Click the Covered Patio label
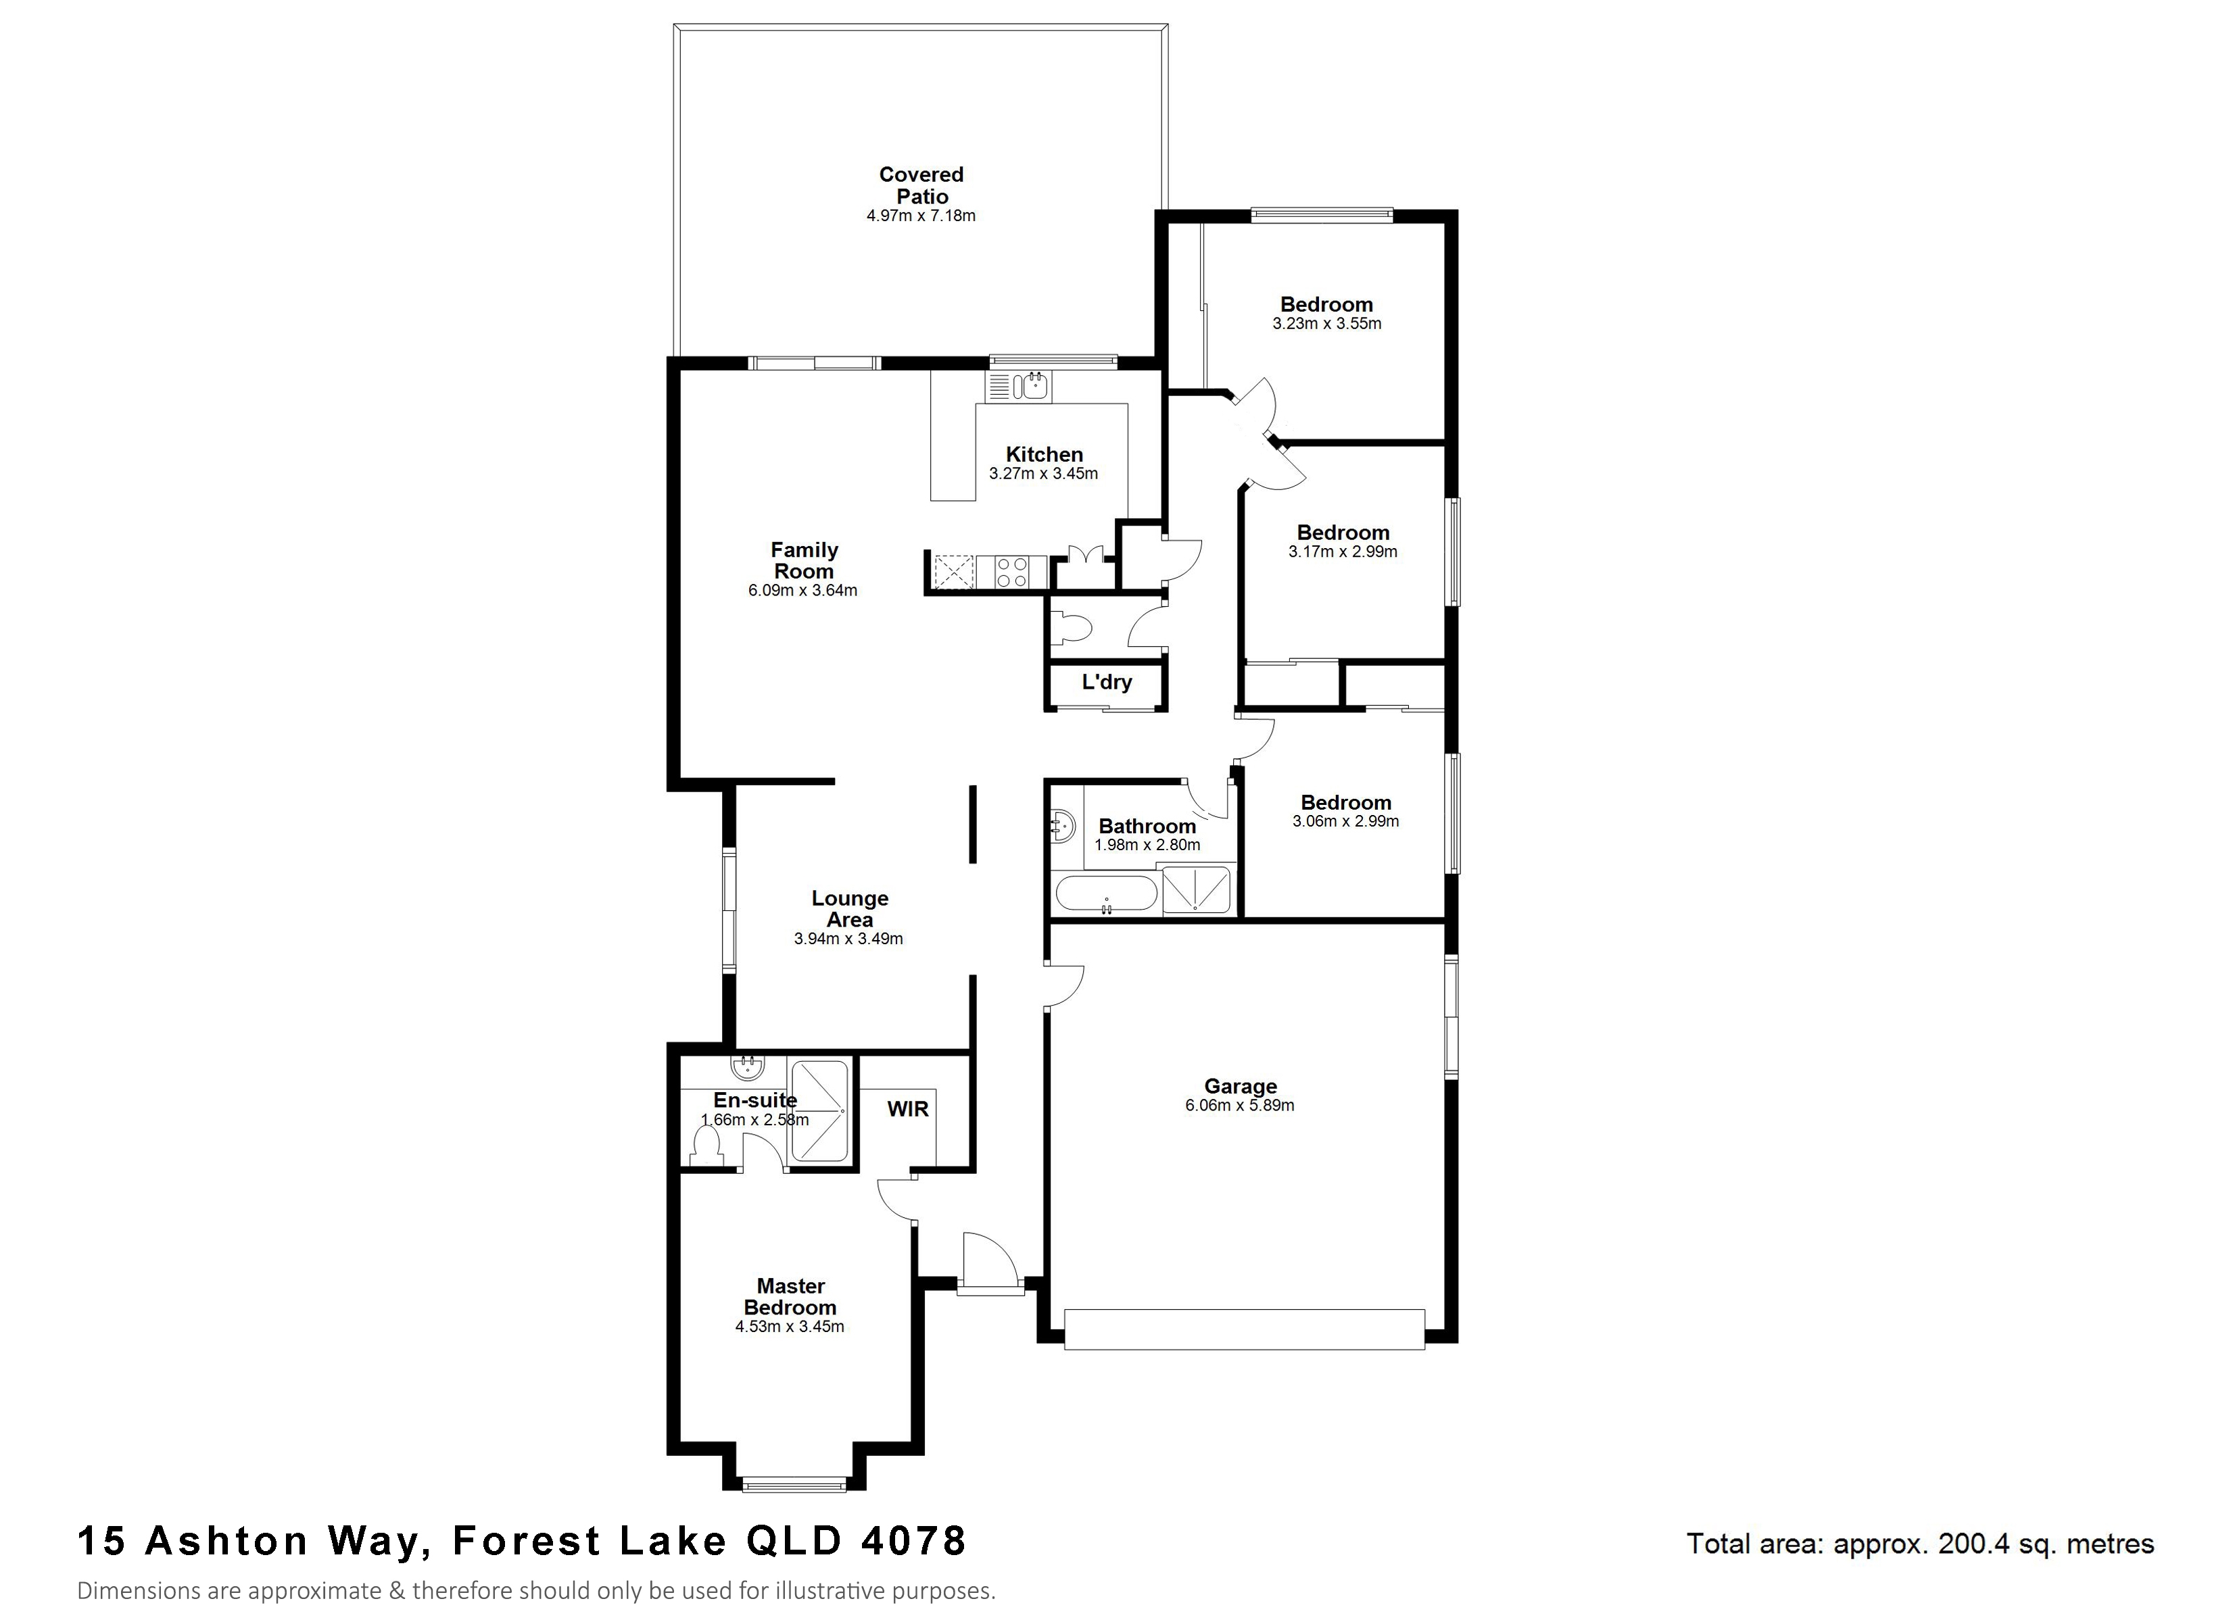coord(921,185)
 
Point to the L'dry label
coord(1107,682)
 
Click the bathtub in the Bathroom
coord(1107,895)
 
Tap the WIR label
coord(907,1110)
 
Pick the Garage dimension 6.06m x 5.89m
coord(1239,1106)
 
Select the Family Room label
coord(804,561)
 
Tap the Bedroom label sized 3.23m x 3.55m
coord(1326,304)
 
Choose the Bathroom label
coord(1147,827)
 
